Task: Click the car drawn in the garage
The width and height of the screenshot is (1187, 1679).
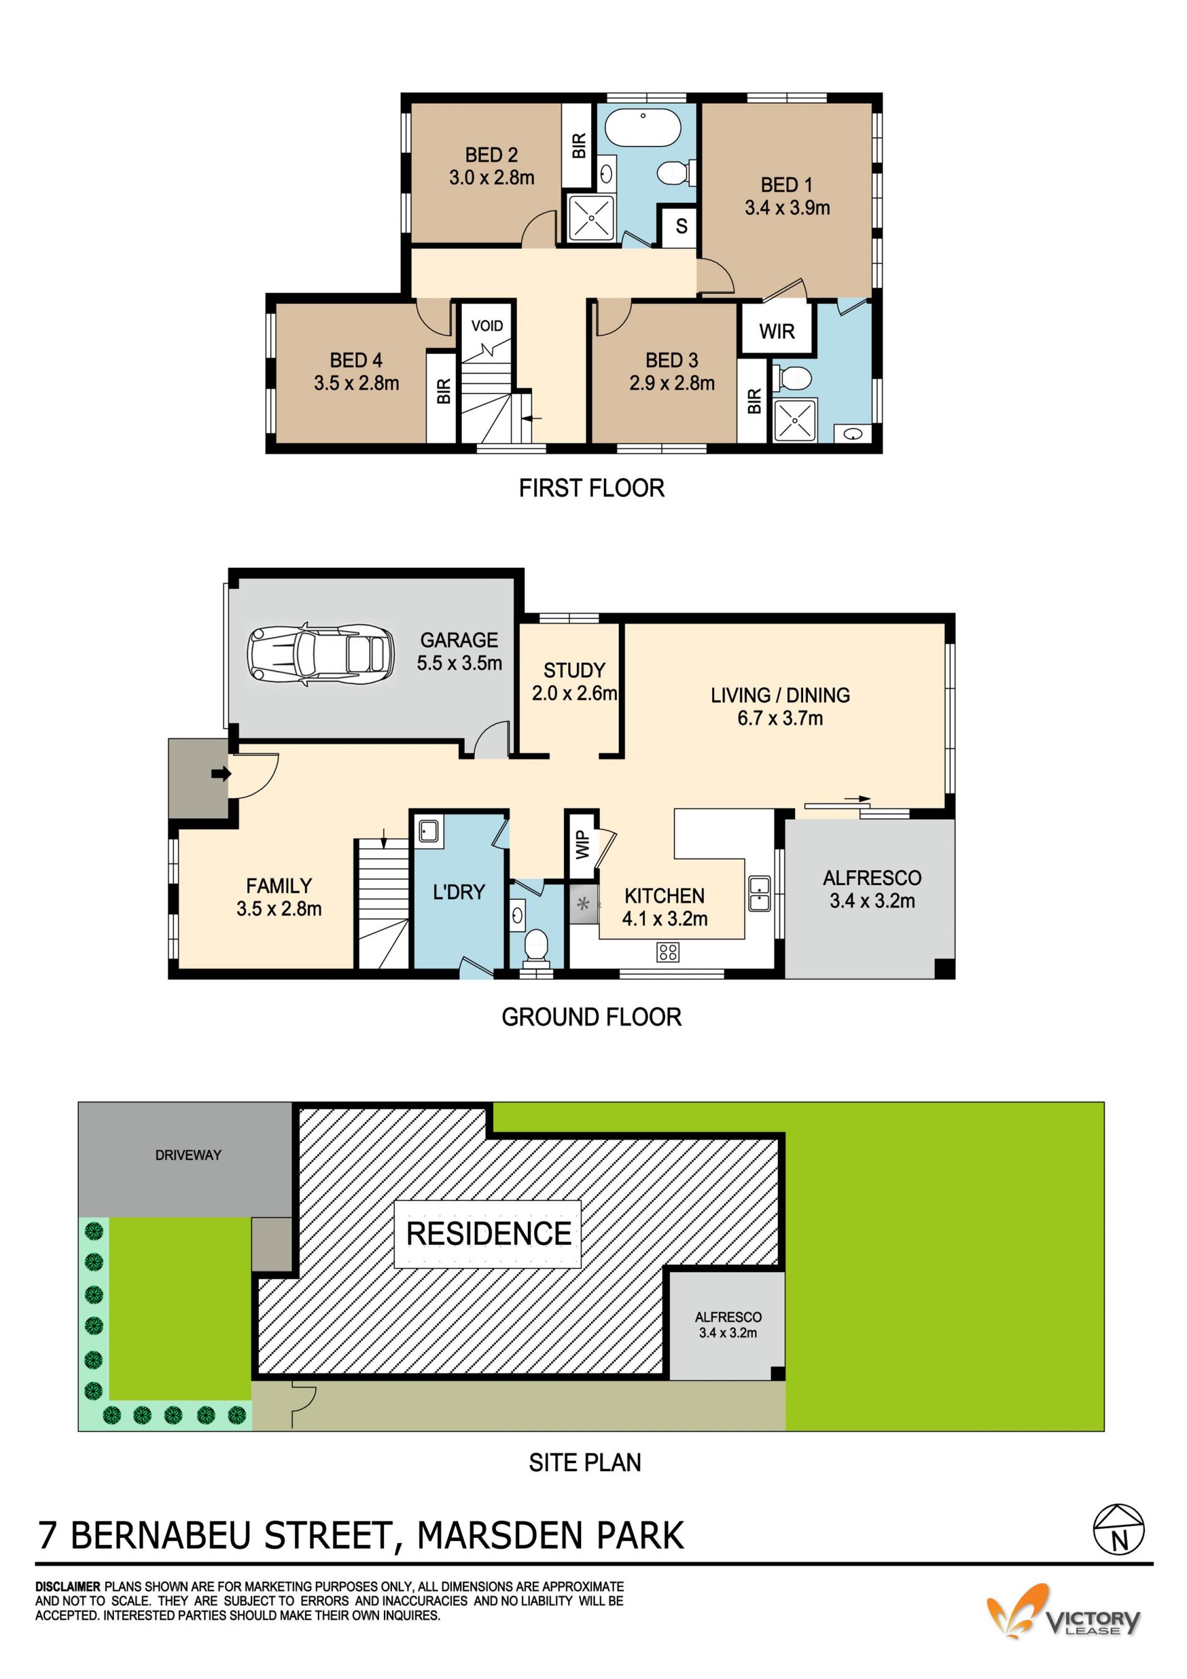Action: click(x=321, y=654)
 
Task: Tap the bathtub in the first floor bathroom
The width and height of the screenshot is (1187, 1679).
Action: click(x=643, y=127)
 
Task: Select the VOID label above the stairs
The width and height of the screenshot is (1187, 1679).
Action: click(x=487, y=325)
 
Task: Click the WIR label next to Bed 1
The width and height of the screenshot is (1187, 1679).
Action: click(x=776, y=331)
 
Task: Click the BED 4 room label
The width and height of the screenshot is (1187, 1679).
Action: click(x=356, y=360)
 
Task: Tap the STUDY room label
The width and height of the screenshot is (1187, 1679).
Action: click(x=574, y=670)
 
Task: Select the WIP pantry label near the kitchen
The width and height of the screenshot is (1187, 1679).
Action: click(x=582, y=845)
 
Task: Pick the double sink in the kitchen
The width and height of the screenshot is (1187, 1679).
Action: click(x=759, y=893)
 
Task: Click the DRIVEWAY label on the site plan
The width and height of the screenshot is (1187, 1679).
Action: click(x=188, y=1155)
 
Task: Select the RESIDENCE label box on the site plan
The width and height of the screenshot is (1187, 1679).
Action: click(x=488, y=1233)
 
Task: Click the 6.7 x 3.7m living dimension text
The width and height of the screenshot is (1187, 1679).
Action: click(x=780, y=718)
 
